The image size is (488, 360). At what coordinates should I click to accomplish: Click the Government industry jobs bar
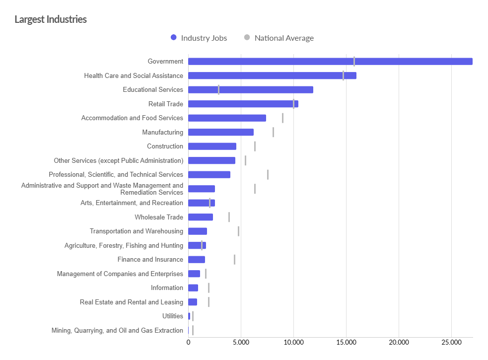[330, 62]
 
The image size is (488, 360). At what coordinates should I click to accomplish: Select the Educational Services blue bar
[251, 90]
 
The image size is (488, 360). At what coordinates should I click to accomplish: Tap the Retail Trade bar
[243, 104]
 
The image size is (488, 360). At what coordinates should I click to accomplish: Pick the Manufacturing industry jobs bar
[221, 132]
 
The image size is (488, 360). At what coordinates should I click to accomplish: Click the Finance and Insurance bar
[197, 260]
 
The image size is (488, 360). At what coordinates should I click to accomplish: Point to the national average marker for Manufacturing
[273, 132]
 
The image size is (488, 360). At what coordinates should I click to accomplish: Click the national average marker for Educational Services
[218, 90]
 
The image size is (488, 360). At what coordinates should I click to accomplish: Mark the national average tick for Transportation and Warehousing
[238, 231]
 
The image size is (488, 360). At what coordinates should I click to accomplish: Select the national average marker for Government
[354, 62]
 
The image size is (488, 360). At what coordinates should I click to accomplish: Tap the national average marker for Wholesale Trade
[229, 217]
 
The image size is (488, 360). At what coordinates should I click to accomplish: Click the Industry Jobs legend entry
[199, 38]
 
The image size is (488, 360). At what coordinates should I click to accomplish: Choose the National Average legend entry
[279, 38]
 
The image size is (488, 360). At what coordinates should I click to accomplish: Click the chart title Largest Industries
[51, 19]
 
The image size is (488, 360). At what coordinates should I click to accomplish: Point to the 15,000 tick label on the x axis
[346, 343]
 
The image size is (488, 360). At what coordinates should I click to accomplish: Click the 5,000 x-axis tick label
[241, 343]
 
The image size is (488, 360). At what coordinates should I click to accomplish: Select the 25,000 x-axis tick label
[451, 343]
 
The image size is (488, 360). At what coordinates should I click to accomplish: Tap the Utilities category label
[173, 316]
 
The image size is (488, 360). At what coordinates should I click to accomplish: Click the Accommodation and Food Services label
[132, 118]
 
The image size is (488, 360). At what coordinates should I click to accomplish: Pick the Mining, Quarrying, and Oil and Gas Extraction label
[117, 331]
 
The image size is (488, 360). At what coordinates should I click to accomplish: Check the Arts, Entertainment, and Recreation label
[132, 203]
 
